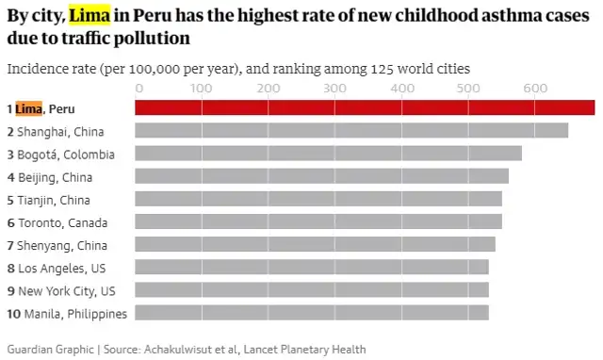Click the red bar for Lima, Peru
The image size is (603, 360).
click(x=365, y=108)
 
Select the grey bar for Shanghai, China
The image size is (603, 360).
click(x=351, y=131)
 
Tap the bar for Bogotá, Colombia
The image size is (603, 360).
click(x=328, y=154)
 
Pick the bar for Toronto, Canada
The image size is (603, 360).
click(x=318, y=222)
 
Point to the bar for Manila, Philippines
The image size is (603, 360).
click(x=312, y=313)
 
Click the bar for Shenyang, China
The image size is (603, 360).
click(x=315, y=245)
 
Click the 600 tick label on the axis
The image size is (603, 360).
click(x=535, y=88)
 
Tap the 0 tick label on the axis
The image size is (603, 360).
click(x=139, y=88)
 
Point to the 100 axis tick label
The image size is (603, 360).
click(x=202, y=88)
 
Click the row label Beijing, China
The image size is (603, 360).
click(x=54, y=177)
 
